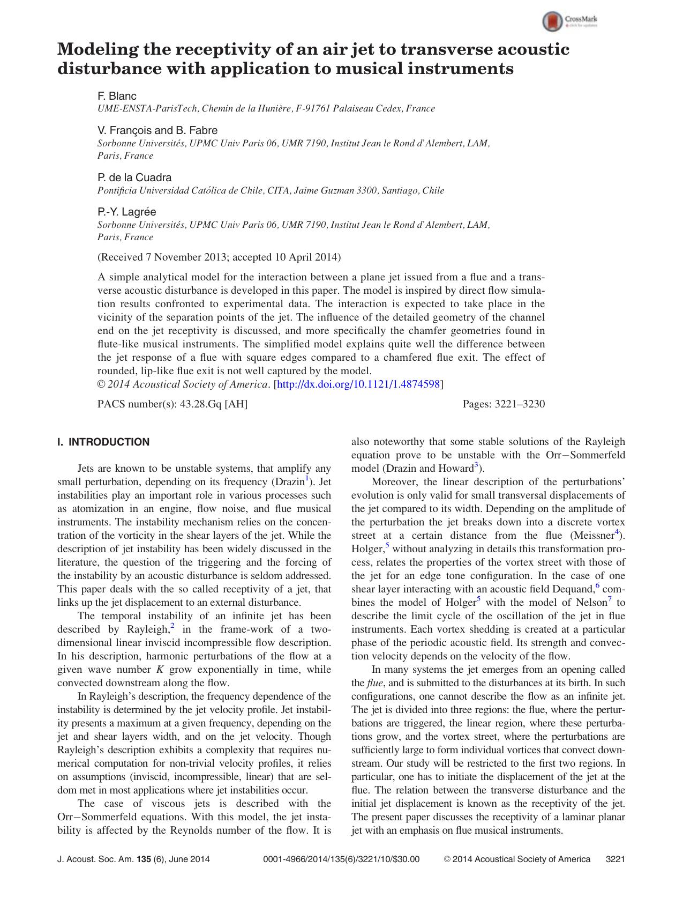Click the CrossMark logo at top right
pos(571,21)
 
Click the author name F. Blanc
pos(117,96)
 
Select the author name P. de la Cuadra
pos(134,177)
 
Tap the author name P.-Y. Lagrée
pos(126,212)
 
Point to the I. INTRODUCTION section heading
pos(103,442)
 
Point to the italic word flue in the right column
pos(374,683)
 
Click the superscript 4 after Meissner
pos(617,532)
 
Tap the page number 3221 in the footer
pos(615,859)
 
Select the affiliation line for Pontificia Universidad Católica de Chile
pos(271,190)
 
